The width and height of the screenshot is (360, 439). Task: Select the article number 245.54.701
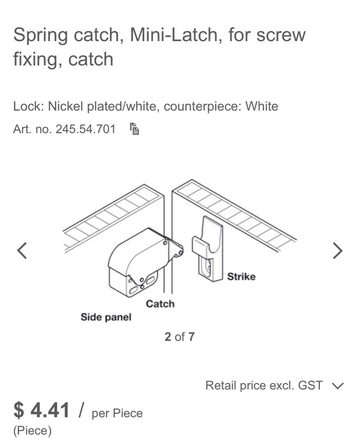tap(85, 129)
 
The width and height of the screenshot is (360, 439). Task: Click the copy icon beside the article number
tap(135, 129)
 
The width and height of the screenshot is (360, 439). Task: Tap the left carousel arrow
tap(22, 250)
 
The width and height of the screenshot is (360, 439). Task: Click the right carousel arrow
tap(338, 250)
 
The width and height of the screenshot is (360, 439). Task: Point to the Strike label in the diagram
tap(241, 277)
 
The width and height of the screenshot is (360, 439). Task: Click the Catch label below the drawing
tap(160, 304)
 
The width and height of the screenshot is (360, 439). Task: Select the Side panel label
tap(106, 317)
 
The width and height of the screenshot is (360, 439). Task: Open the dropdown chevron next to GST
tap(338, 385)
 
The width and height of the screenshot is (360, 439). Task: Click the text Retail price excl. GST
tap(264, 385)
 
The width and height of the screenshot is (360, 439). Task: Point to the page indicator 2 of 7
tap(179, 337)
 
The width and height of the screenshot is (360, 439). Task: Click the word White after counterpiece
tap(262, 106)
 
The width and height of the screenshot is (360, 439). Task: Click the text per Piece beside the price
tap(118, 413)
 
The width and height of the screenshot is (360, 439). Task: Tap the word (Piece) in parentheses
tap(32, 430)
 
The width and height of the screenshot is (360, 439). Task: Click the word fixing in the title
tap(37, 59)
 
